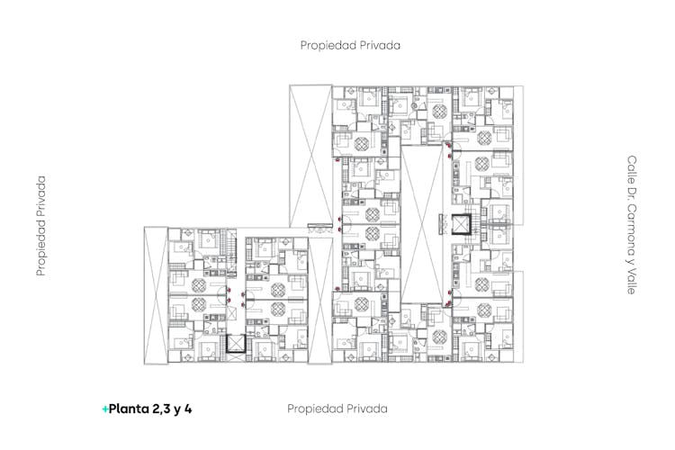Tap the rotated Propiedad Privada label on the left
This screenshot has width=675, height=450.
point(40,226)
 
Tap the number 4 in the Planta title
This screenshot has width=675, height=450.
point(188,409)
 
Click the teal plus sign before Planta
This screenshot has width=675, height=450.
point(105,409)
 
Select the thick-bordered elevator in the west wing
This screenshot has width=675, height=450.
point(236,344)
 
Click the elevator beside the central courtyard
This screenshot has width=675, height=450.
point(462,224)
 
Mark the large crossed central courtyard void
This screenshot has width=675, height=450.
point(422,224)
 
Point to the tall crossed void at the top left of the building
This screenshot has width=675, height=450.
point(310,156)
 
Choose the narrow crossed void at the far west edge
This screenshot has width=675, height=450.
point(156,295)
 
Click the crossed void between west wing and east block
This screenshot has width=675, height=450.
point(320,300)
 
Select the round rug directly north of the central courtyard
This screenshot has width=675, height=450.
point(439,112)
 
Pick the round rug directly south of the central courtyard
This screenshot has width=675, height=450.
point(439,337)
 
